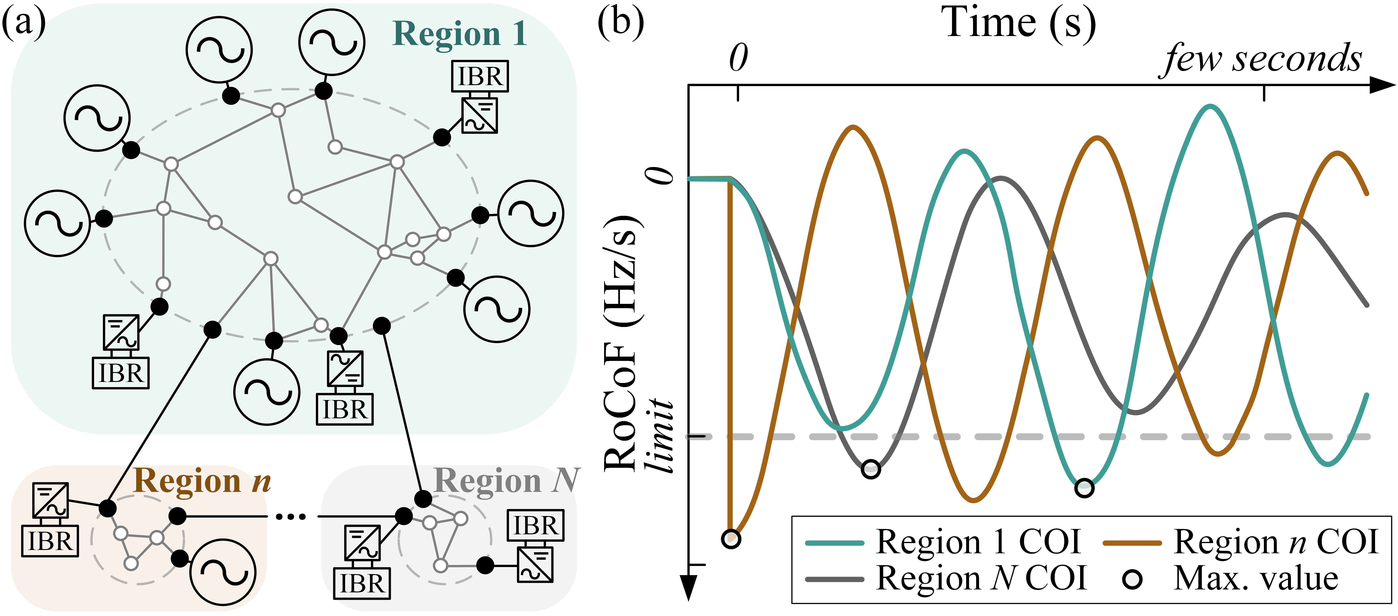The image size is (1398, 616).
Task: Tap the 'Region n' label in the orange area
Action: [202, 481]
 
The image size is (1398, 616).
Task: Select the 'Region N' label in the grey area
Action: [507, 481]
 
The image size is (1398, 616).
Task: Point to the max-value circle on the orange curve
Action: [731, 539]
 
